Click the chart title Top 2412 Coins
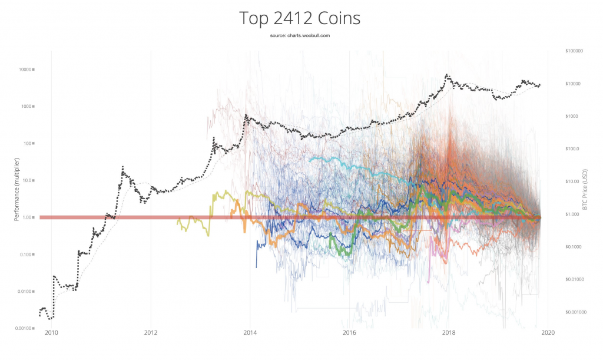point(300,18)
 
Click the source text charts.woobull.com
point(300,36)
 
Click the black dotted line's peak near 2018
point(448,75)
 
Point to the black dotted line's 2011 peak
point(122,167)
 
